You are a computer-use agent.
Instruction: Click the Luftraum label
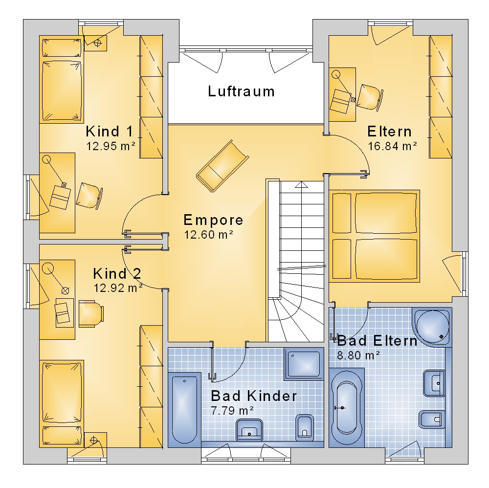tap(241, 91)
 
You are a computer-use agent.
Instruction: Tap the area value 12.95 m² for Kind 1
tap(111, 146)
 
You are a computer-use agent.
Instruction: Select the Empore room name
tap(213, 220)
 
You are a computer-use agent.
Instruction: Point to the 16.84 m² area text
tap(392, 146)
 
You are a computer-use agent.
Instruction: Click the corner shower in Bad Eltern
tap(432, 326)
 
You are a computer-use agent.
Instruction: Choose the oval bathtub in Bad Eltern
tap(347, 407)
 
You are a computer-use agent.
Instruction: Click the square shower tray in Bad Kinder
tap(304, 364)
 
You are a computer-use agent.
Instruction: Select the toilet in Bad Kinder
tap(304, 427)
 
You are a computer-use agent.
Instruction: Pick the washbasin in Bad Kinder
tap(249, 429)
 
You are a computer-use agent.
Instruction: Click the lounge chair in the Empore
tap(222, 166)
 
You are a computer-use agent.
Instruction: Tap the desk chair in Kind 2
tap(91, 314)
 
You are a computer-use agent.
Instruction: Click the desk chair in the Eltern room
tap(370, 97)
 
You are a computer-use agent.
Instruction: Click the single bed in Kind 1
tap(62, 79)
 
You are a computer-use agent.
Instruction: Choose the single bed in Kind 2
tap(62, 404)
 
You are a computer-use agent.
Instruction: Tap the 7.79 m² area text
tap(232, 410)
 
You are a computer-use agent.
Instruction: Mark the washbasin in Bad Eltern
tap(434, 383)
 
